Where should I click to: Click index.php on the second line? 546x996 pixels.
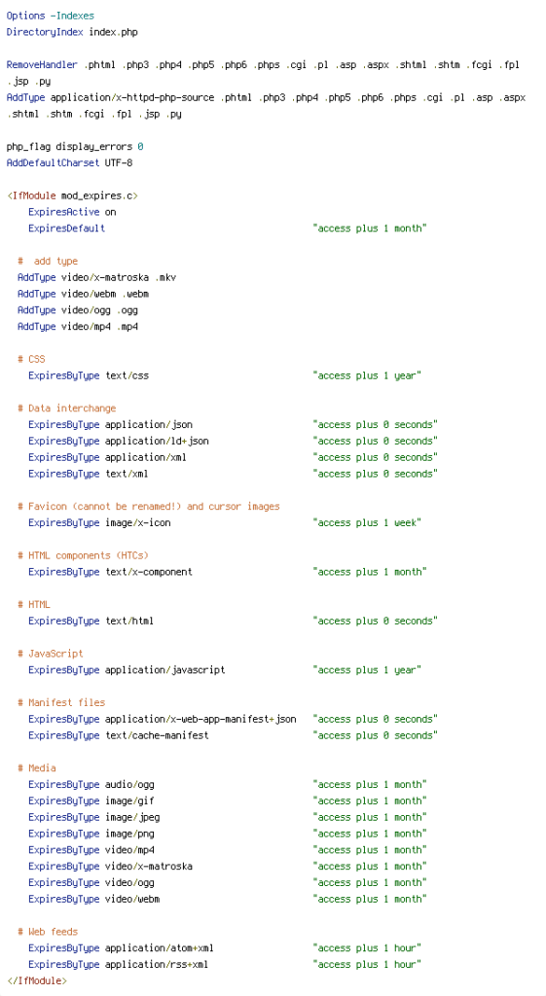coord(113,32)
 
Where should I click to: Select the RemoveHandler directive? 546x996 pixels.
coord(42,65)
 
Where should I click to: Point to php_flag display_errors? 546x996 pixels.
coord(69,147)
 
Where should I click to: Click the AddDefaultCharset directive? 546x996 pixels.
coord(54,163)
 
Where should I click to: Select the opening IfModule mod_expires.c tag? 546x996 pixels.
coord(72,196)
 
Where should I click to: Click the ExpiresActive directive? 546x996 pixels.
coord(63,212)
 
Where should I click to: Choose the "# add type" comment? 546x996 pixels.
coord(48,261)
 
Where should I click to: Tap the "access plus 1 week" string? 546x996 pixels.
coord(367,522)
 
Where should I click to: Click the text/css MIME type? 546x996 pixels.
coord(127,375)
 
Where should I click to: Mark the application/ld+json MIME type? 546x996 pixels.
coord(157,441)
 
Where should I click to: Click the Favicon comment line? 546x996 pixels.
coord(149,507)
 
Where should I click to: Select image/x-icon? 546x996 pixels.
coord(138,522)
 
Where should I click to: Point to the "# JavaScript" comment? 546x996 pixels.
coord(51,654)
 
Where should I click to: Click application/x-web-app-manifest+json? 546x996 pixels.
coord(200,719)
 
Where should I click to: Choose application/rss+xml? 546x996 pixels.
coord(157,964)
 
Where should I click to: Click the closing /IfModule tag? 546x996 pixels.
coord(36,980)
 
